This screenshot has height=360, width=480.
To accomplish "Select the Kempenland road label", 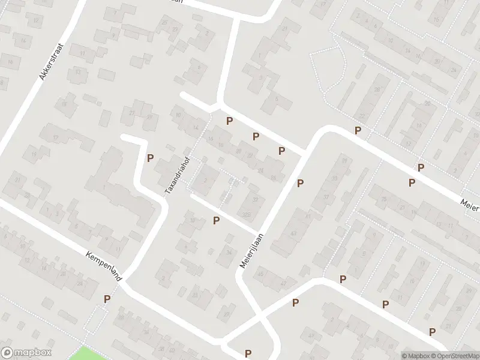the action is click(104, 268).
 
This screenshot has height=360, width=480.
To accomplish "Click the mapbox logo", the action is click(26, 353).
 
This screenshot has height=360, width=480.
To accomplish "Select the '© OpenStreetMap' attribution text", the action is click(454, 356).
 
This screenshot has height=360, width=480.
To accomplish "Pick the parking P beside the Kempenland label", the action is click(107, 299).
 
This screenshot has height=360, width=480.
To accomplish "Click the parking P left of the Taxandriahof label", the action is click(150, 158).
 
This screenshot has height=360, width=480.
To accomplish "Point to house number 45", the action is click(260, 275).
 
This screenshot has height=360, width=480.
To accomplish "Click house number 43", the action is click(293, 233).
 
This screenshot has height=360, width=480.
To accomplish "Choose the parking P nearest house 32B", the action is click(216, 221).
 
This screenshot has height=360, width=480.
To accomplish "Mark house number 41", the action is click(307, 215).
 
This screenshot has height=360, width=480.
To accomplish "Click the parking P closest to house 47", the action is click(295, 303).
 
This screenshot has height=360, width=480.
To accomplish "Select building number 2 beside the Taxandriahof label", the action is click(206, 179).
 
